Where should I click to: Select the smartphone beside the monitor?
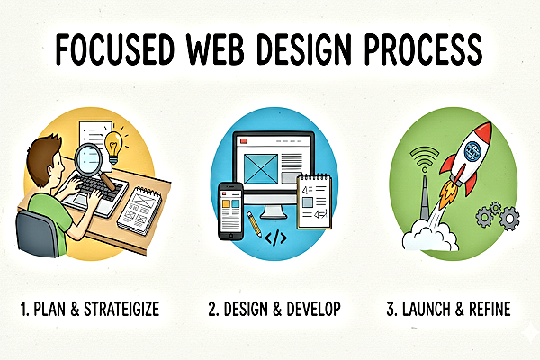[x=231, y=211]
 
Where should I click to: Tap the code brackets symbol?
[x=278, y=239]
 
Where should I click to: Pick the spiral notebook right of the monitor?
[x=316, y=202]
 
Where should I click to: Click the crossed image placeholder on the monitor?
[x=256, y=167]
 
